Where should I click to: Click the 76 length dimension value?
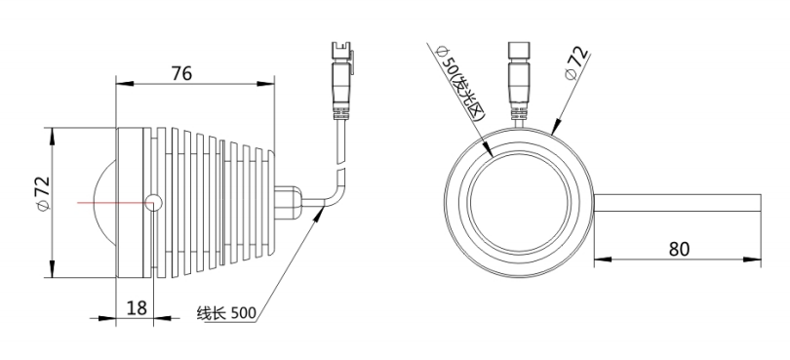[x=181, y=73]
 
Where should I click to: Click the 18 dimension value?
[x=137, y=307]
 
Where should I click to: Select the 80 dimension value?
[x=679, y=249]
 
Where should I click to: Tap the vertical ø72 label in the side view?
[x=43, y=192]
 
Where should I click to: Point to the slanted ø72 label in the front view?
[x=576, y=63]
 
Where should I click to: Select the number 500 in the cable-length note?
[x=244, y=313]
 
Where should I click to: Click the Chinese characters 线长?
[x=212, y=313]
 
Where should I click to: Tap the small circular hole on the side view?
[x=154, y=203]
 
